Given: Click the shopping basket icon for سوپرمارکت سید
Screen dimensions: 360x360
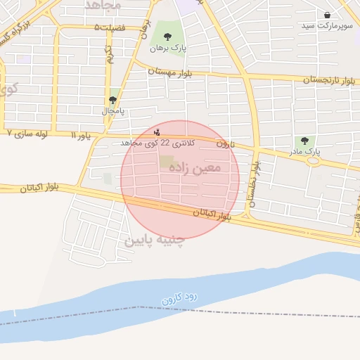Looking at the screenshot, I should pos(327,14).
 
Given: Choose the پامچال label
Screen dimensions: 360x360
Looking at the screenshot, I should pos(112,111).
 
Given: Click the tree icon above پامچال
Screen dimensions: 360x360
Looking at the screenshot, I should pos(112,101).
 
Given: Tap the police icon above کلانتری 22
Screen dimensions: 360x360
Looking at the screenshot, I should pos(157,131).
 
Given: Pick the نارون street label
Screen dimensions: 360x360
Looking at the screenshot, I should pos(224,144).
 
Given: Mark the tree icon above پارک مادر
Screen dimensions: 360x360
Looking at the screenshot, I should pos(304,141).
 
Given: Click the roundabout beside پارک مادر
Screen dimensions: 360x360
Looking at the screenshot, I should pos(312,161).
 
